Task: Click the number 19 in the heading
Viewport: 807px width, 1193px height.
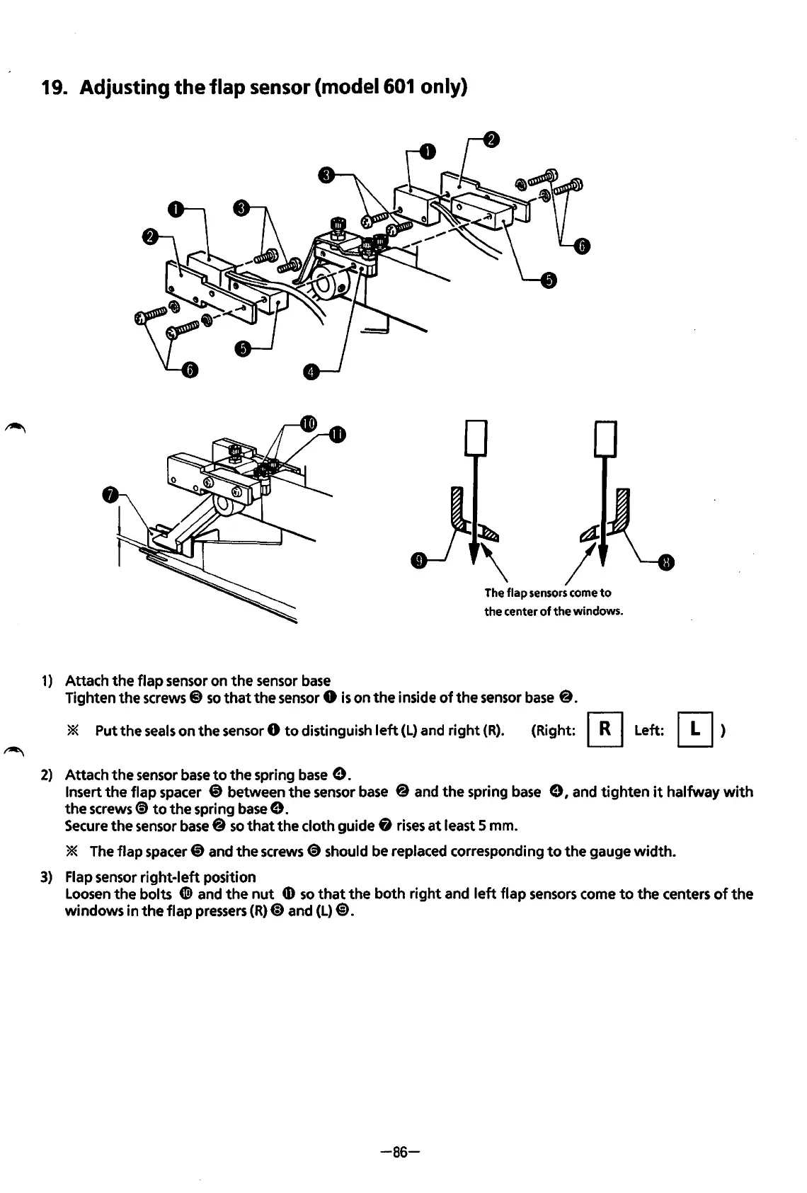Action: [x=54, y=88]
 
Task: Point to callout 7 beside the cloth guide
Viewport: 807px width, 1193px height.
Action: [x=109, y=495]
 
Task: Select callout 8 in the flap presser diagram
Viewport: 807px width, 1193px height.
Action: [x=666, y=563]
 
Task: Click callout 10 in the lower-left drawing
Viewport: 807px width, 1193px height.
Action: [x=308, y=423]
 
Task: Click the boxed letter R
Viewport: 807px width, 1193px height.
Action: [x=605, y=730]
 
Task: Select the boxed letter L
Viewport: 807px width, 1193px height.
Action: [x=696, y=730]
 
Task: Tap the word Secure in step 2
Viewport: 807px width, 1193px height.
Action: [x=84, y=826]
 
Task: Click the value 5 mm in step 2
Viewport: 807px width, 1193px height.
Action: [x=503, y=826]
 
